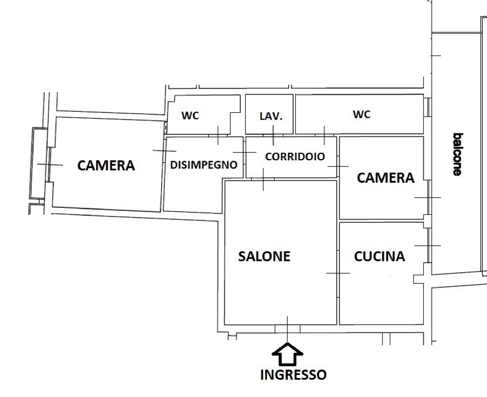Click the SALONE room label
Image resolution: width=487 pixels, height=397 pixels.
point(264,256)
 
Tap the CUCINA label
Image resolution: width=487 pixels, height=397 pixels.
point(379,256)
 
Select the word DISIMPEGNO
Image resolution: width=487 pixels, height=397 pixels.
point(204,165)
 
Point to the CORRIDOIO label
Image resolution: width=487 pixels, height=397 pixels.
point(295,157)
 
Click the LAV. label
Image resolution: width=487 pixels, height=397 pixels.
point(271,116)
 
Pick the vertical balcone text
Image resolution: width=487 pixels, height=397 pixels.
point(458,154)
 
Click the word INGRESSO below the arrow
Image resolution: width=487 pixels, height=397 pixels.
point(293,375)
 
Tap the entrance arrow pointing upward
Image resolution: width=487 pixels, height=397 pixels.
point(287,354)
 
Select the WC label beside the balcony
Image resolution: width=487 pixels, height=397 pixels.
point(361,114)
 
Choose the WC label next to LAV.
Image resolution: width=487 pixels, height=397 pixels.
point(190,115)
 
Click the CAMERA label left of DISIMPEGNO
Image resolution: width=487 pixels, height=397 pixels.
point(106,166)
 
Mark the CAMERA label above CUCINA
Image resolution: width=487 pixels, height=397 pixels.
point(386,178)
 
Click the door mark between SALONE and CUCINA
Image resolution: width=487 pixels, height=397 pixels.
point(338,273)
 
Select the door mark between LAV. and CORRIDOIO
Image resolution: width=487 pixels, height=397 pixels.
point(273,135)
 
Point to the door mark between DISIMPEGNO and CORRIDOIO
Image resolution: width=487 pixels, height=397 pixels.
point(245,152)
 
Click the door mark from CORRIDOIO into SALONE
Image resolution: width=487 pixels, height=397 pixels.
point(263,180)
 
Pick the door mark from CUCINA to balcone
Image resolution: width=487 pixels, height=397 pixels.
point(428,246)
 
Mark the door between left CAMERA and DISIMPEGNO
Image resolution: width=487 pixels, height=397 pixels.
point(164,151)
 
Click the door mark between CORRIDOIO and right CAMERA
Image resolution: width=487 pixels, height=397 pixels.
point(338,166)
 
